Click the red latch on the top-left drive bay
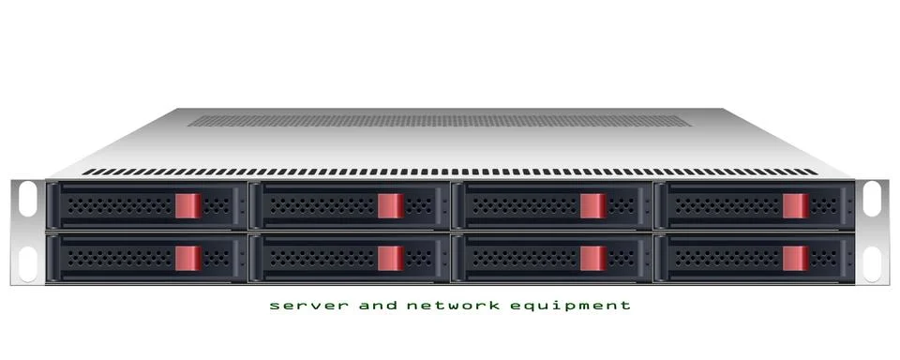[188, 205]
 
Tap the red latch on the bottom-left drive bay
[188, 258]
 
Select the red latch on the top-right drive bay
[796, 205]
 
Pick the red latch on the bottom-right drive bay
[796, 258]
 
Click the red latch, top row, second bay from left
[391, 205]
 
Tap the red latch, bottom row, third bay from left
[593, 258]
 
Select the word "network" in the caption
[448, 306]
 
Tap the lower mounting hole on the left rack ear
[28, 263]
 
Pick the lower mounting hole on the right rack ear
[872, 263]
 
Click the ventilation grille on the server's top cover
[439, 121]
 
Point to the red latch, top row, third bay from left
[593, 205]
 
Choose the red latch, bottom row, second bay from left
[391, 258]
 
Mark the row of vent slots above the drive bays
[450, 172]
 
